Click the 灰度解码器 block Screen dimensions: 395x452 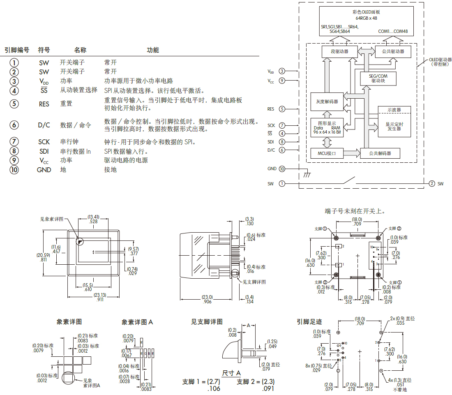(x=327, y=102)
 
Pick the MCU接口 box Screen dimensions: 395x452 (x=327, y=154)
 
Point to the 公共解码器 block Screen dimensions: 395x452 (x=380, y=154)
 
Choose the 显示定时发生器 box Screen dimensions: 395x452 (x=394, y=126)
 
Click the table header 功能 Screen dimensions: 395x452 (x=153, y=50)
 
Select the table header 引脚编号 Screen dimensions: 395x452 (x=17, y=50)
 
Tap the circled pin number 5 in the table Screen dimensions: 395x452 (x=15, y=104)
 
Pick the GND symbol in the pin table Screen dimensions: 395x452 (x=44, y=169)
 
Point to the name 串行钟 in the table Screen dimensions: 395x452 (x=69, y=142)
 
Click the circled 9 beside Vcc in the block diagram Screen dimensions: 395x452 (x=282, y=81)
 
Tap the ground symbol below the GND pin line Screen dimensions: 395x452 (x=306, y=175)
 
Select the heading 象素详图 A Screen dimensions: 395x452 (x=137, y=322)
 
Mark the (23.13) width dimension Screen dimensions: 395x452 (x=100, y=295)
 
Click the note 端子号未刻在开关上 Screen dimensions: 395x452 (x=355, y=211)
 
